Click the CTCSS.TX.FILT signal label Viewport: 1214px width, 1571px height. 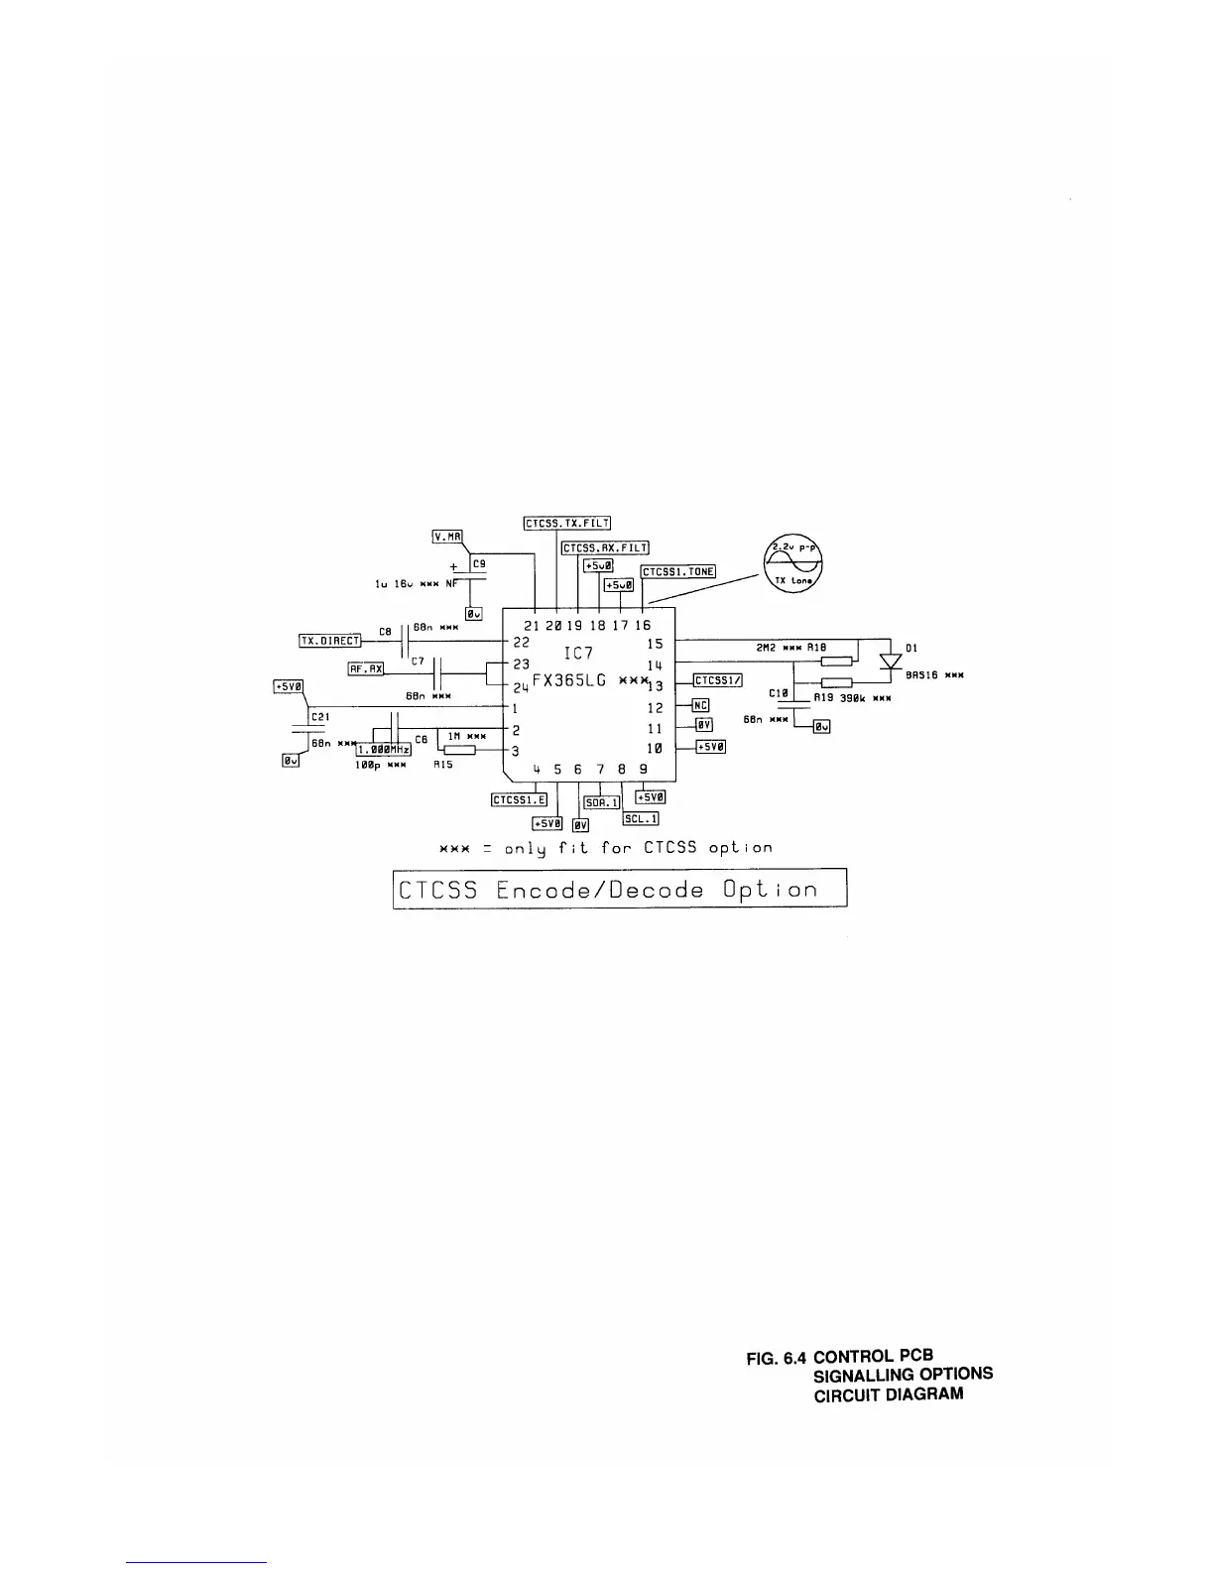pos(567,523)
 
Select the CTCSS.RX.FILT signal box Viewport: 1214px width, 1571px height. pos(605,547)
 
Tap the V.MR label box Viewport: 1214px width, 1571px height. pos(447,537)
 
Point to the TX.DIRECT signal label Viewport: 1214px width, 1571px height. pos(330,641)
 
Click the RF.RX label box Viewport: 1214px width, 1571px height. pos(365,668)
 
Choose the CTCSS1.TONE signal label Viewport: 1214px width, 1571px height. pos(678,572)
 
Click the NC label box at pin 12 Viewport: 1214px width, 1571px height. pos(700,706)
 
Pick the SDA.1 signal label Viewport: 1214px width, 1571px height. pos(601,802)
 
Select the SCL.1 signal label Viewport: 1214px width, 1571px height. pos(641,818)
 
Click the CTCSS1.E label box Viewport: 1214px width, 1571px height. pos(519,799)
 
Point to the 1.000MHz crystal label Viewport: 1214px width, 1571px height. pos(383,750)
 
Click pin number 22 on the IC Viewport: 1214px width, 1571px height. pos(521,643)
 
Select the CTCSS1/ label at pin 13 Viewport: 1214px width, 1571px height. pos(717,680)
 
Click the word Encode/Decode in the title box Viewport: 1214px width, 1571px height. pos(600,890)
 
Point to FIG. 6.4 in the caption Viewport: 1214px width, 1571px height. pos(782,1357)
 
